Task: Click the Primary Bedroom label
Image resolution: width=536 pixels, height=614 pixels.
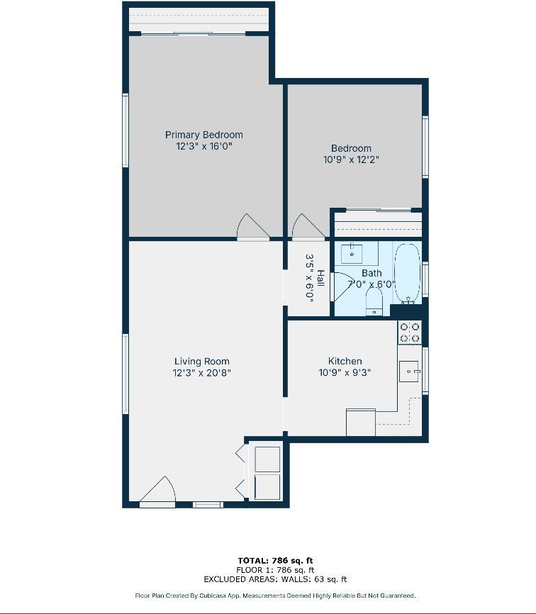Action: coord(203,135)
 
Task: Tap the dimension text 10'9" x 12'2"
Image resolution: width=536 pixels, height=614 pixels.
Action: coord(351,160)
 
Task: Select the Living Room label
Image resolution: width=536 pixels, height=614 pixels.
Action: coord(201,362)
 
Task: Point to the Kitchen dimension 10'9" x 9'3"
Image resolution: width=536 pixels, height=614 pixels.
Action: coord(345,372)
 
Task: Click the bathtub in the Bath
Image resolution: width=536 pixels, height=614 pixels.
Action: coord(407,273)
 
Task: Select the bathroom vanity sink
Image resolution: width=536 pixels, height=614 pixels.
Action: coord(352,253)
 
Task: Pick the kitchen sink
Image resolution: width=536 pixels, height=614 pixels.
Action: coord(409,371)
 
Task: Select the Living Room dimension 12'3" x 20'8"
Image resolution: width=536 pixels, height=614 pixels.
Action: coord(201,373)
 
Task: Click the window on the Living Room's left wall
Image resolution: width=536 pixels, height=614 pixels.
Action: coord(125,374)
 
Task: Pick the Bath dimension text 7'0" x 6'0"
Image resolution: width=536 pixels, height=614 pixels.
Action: coord(372,284)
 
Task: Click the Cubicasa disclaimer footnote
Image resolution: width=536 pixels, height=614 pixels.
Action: coord(274,596)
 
